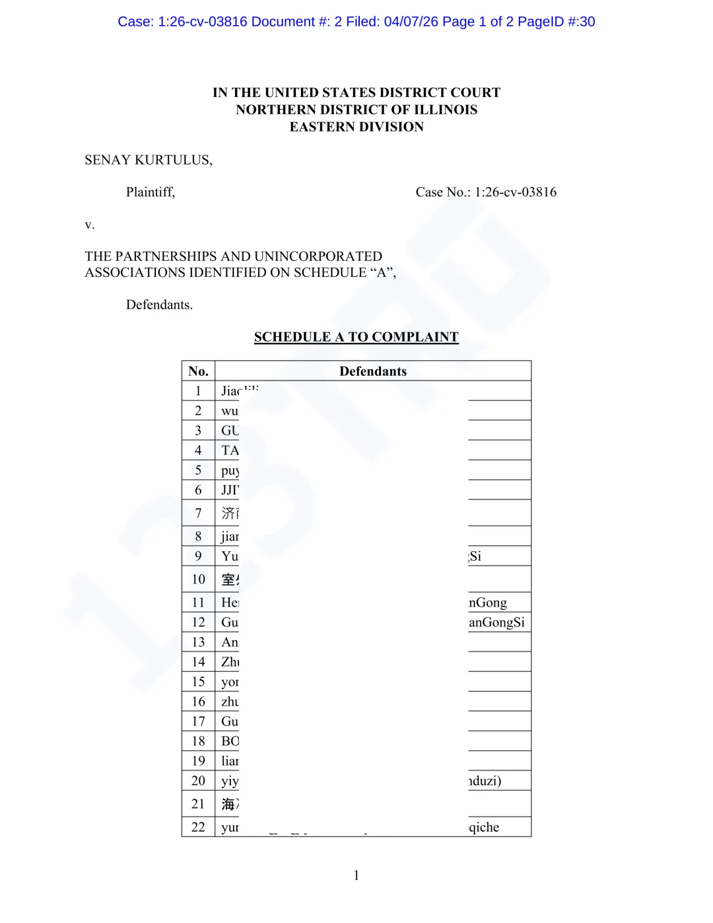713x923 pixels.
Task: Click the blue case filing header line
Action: (356, 22)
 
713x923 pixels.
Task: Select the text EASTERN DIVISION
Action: (356, 127)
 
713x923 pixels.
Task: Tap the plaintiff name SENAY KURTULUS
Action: (148, 160)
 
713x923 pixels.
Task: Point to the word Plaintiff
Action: (151, 192)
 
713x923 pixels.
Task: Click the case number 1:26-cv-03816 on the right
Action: (515, 192)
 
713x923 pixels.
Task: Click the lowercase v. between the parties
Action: (90, 225)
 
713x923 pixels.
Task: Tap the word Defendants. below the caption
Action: (159, 305)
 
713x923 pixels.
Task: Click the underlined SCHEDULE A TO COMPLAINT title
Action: (356, 337)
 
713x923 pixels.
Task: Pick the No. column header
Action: (198, 371)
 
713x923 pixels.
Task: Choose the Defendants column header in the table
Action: (373, 371)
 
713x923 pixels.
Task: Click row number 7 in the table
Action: (198, 513)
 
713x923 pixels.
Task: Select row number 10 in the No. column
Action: (198, 579)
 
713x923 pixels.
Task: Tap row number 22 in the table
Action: (198, 827)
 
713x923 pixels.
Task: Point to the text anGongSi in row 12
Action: (496, 622)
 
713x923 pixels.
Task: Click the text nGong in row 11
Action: (488, 603)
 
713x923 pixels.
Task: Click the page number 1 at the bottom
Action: (356, 875)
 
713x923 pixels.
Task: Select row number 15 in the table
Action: (198, 682)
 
